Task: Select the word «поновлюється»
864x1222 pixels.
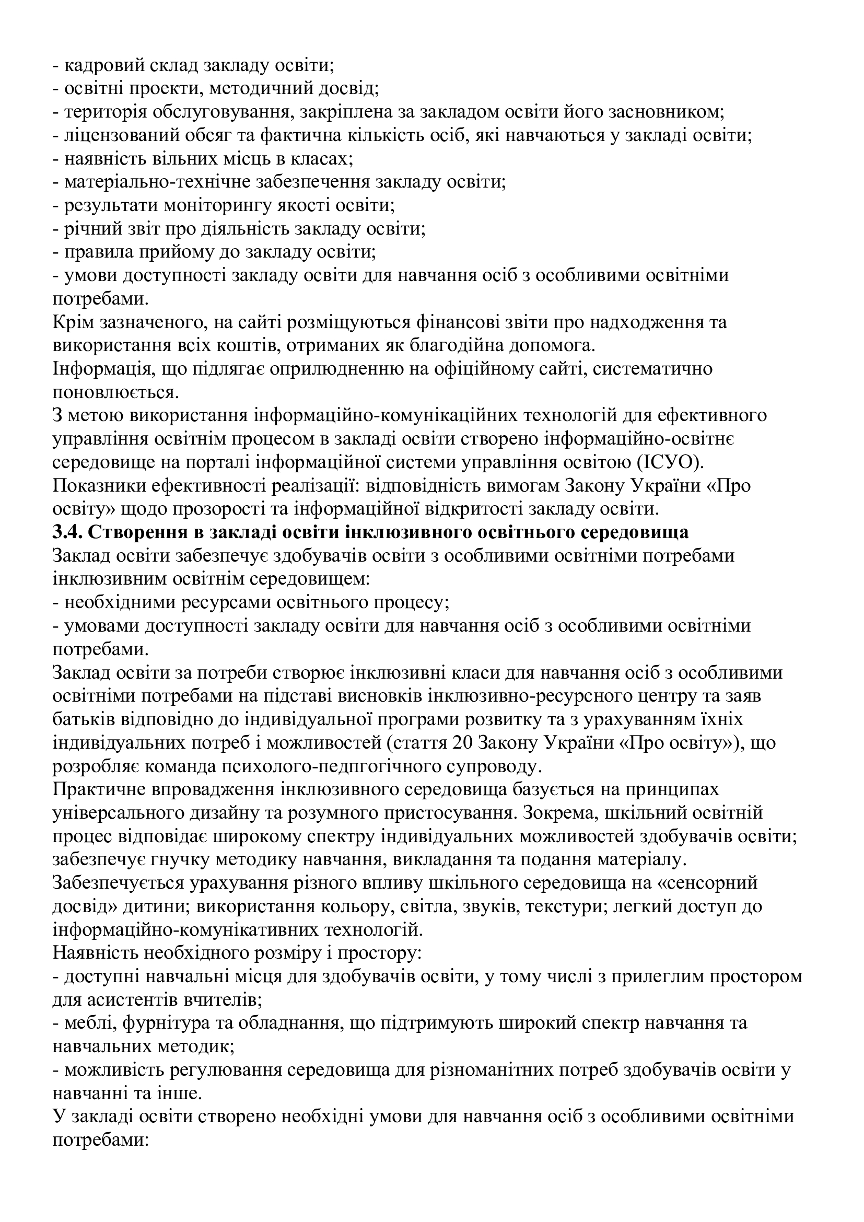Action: coord(114,392)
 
